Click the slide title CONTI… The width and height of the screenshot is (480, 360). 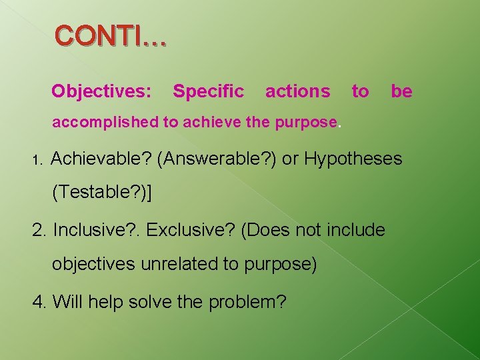pos(111,37)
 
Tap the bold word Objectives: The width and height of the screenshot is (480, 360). pos(102,91)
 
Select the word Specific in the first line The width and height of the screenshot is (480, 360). pos(208,91)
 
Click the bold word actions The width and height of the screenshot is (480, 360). pos(297,91)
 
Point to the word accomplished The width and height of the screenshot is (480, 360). pos(103,123)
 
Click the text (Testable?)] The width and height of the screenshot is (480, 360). pos(103,193)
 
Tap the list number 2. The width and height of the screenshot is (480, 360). pos(39,231)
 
